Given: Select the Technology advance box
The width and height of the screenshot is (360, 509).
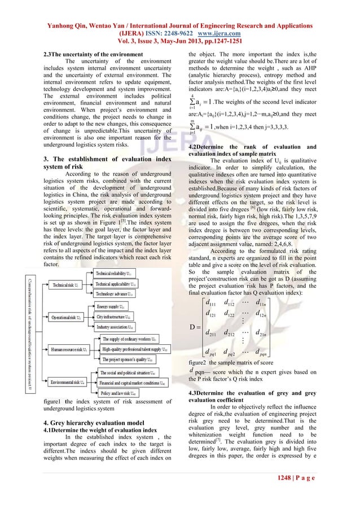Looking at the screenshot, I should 115,294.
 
